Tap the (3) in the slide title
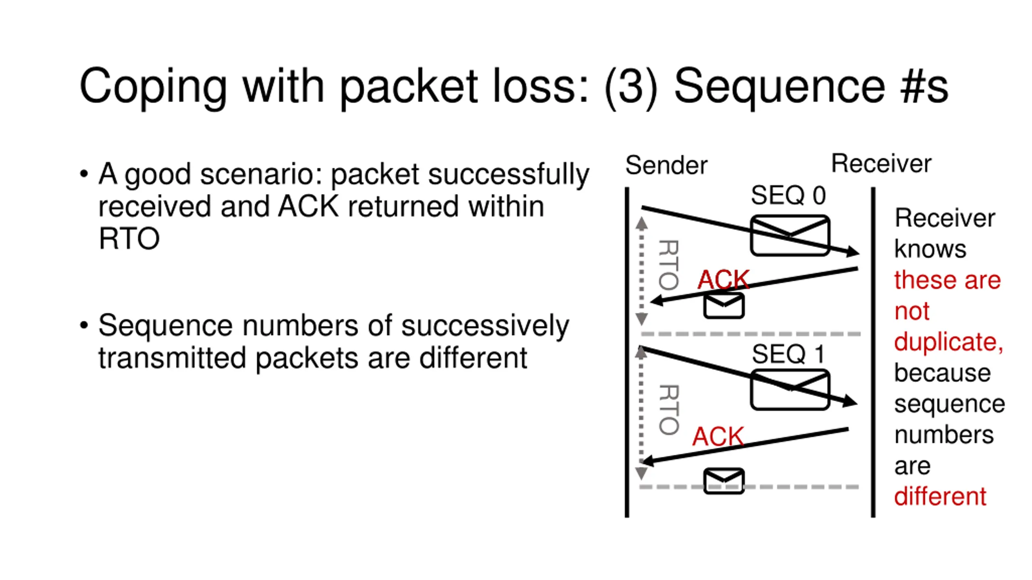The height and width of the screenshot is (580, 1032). pyautogui.click(x=631, y=87)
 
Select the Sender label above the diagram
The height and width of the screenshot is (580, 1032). pyautogui.click(x=666, y=165)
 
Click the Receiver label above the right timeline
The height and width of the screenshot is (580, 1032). pyautogui.click(x=881, y=164)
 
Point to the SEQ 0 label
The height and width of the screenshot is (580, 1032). pyautogui.click(x=788, y=195)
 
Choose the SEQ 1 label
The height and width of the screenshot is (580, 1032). pyautogui.click(x=788, y=354)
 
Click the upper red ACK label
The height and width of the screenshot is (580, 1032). pyautogui.click(x=724, y=279)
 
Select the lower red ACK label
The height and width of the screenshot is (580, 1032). pyautogui.click(x=718, y=436)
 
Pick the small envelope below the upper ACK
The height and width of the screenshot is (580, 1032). pyautogui.click(x=724, y=306)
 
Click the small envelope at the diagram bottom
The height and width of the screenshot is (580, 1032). pyautogui.click(x=724, y=481)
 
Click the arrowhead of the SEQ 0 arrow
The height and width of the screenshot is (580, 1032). pyautogui.click(x=852, y=252)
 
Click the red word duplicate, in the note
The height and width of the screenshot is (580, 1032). pyautogui.click(x=949, y=342)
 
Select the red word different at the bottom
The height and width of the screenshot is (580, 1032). pyautogui.click(x=940, y=496)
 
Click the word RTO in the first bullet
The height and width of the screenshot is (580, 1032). pyautogui.click(x=129, y=238)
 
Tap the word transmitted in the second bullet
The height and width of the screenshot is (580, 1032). pyautogui.click(x=172, y=358)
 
